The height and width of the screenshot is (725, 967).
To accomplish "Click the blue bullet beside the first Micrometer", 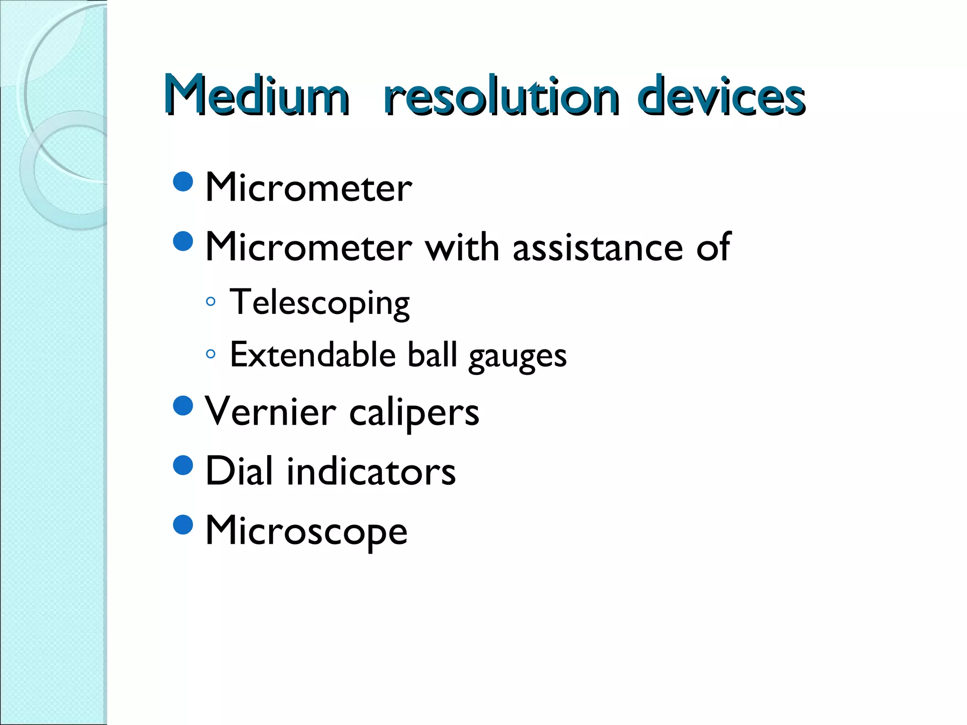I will [183, 181].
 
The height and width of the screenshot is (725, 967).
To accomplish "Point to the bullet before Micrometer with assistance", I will [183, 241].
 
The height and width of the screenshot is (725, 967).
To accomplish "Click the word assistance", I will [598, 247].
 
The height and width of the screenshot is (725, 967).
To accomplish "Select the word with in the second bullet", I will [462, 247].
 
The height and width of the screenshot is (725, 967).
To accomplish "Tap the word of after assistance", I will [713, 247].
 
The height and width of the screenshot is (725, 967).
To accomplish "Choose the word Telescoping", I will [320, 303].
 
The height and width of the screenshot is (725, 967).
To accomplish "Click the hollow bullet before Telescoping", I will [211, 301].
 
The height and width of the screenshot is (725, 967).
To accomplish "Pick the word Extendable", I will [313, 355].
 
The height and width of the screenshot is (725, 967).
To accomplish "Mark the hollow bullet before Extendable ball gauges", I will [211, 354].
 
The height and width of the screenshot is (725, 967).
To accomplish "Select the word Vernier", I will [271, 412].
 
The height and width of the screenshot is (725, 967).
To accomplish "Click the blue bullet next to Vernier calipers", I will [183, 405].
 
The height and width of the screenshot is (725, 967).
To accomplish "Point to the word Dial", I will [239, 471].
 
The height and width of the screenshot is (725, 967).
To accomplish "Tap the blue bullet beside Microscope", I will [183, 524].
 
